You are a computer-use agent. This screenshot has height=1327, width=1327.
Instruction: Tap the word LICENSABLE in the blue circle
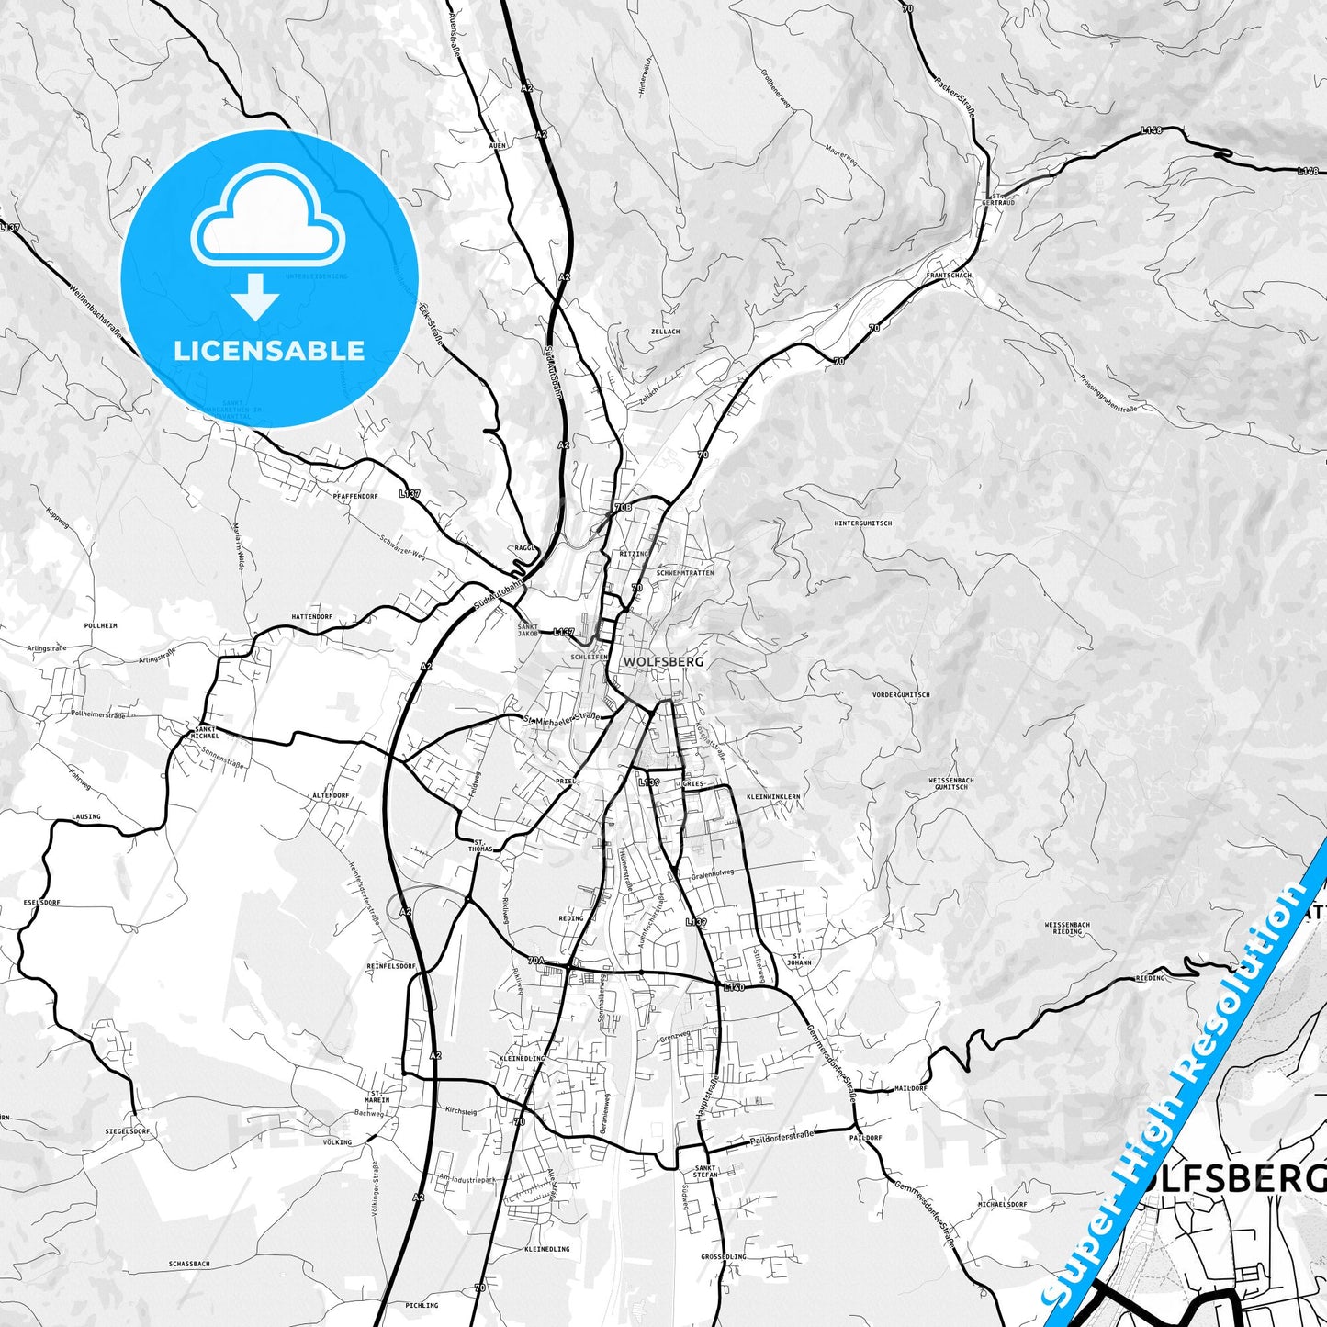coord(270,351)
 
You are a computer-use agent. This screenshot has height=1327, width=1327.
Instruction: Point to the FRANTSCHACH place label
coord(948,275)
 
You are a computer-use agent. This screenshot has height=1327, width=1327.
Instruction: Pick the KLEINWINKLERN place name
coord(773,796)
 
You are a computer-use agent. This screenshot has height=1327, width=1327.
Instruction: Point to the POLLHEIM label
coord(100,624)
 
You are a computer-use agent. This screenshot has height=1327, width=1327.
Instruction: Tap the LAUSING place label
coord(85,816)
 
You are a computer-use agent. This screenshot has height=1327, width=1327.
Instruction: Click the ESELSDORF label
coord(42,903)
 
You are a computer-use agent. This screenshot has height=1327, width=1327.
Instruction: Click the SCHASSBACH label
coord(189,1264)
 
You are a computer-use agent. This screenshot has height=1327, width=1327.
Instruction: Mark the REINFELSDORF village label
coord(391,967)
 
